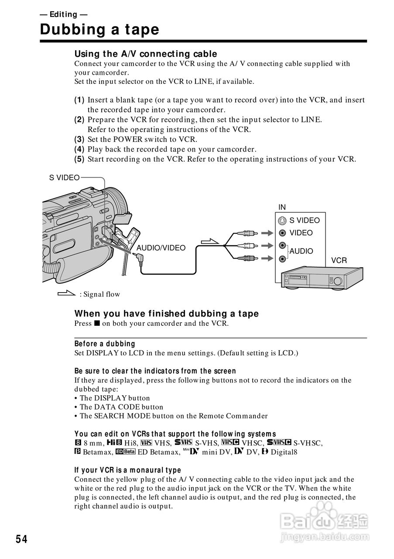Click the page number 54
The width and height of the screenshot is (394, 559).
[x=22, y=540]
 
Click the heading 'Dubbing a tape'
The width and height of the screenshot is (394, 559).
[x=99, y=30]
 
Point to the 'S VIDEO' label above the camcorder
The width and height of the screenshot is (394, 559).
[x=64, y=177]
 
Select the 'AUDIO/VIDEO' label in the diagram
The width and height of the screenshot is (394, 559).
[x=161, y=248]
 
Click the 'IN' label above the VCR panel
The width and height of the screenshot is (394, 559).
[x=282, y=207]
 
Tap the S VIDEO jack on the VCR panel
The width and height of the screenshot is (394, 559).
[x=282, y=221]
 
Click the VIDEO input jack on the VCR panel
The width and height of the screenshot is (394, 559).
[x=283, y=233]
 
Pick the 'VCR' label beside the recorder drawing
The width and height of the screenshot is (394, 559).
[x=339, y=260]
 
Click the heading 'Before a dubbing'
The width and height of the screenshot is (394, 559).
[x=105, y=344]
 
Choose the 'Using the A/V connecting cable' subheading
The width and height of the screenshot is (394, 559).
[x=146, y=54]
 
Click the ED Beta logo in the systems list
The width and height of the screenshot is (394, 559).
[x=126, y=452]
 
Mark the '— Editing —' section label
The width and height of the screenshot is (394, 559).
[x=64, y=14]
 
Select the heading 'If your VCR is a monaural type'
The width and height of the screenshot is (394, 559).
[x=127, y=470]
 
